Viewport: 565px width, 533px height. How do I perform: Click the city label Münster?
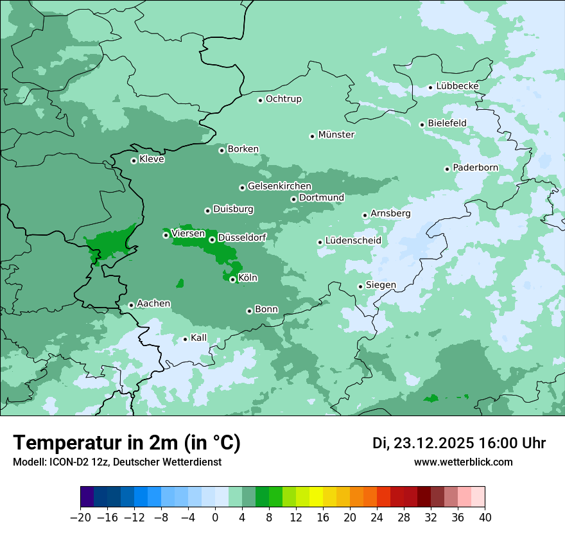tap(336, 135)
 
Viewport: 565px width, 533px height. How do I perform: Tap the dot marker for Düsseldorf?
tap(212, 240)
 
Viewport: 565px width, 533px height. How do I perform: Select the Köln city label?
tap(248, 278)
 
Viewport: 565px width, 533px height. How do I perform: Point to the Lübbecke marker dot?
tap(430, 87)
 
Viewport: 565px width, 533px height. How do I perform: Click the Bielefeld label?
tap(447, 123)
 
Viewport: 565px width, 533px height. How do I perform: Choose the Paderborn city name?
tap(475, 168)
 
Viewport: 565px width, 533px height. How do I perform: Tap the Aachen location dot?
tap(131, 305)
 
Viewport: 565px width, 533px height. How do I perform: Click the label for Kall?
tap(199, 338)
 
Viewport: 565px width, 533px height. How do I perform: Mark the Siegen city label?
tap(381, 285)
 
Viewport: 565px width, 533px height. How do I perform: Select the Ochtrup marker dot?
tap(260, 100)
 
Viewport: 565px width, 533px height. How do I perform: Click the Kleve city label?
tap(152, 159)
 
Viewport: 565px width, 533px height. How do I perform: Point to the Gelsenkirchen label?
tap(279, 186)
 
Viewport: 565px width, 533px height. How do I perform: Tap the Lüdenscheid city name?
tap(353, 241)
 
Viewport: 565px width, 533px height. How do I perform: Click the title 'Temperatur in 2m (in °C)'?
tap(126, 443)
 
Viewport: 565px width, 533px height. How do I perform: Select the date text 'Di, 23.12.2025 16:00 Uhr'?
tap(459, 443)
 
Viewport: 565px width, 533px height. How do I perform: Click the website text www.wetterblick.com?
tap(464, 462)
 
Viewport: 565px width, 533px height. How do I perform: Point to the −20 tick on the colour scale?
tap(80, 518)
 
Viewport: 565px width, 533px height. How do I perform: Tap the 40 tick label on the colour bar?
tap(485, 518)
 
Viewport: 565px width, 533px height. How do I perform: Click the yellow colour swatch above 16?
tap(316, 497)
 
